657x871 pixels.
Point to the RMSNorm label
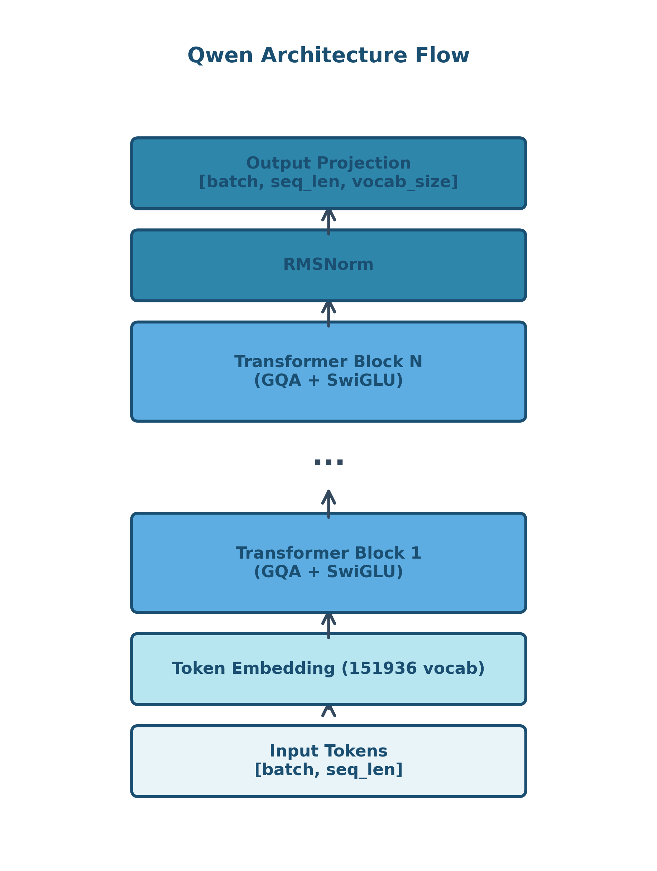click(x=328, y=264)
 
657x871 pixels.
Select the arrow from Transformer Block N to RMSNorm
click(x=328, y=313)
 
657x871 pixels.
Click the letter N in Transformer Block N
click(x=416, y=362)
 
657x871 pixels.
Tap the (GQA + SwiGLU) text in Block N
click(x=328, y=381)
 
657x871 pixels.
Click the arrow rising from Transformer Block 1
click(x=328, y=504)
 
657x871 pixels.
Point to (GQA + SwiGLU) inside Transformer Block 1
click(x=328, y=572)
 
